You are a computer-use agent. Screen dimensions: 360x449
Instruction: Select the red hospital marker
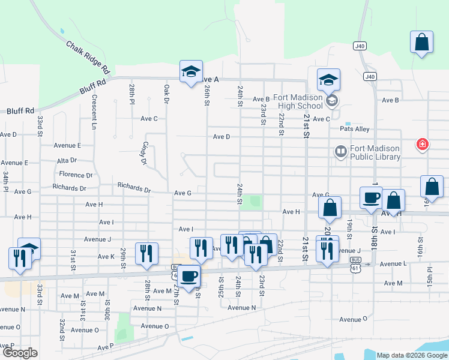click(423, 144)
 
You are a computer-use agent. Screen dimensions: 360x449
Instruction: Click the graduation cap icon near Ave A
click(191, 72)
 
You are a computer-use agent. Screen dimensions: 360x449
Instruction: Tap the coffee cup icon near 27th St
click(190, 276)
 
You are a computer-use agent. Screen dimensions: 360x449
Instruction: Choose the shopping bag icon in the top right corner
click(421, 43)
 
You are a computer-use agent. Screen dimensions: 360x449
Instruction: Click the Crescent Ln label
click(94, 112)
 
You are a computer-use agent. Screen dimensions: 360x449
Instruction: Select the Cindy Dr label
click(144, 153)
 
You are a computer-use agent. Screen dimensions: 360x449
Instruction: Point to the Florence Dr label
click(76, 175)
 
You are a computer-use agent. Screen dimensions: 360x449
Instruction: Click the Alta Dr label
click(67, 160)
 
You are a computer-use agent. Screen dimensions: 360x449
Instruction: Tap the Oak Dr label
click(167, 92)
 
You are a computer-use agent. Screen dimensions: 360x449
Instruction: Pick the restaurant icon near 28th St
click(146, 253)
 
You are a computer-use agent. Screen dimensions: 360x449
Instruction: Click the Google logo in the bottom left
click(20, 353)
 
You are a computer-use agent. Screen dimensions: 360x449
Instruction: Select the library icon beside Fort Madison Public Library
click(341, 152)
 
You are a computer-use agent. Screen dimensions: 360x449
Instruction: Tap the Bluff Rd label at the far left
click(20, 111)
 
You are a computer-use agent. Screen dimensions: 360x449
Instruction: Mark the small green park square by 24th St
click(256, 202)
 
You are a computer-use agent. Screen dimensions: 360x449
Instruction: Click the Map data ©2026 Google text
click(412, 355)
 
